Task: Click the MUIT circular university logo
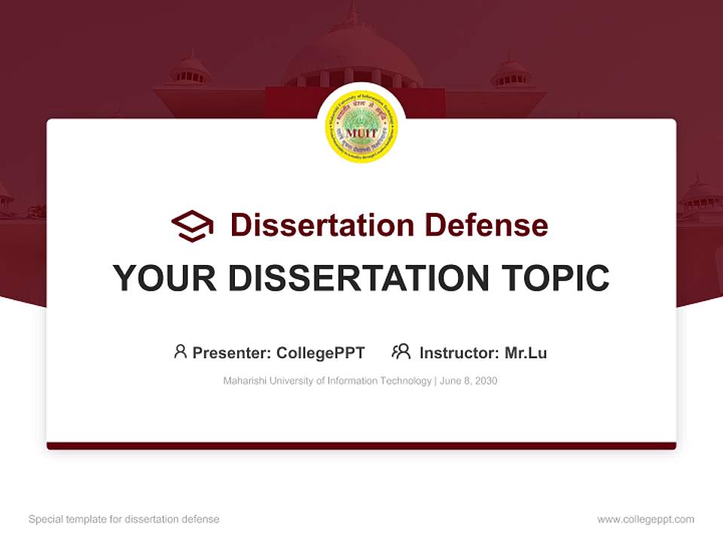[x=361, y=126]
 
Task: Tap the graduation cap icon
[x=192, y=225]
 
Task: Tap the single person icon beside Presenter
[x=180, y=352]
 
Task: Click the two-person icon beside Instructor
[x=401, y=352]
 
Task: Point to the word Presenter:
[x=232, y=352]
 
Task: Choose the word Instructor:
[x=459, y=352]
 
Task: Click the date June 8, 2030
[x=468, y=381]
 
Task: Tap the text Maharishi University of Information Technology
[x=327, y=381]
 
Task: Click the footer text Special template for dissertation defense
[x=124, y=519]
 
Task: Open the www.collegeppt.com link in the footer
[x=645, y=519]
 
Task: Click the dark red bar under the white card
[x=361, y=446]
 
